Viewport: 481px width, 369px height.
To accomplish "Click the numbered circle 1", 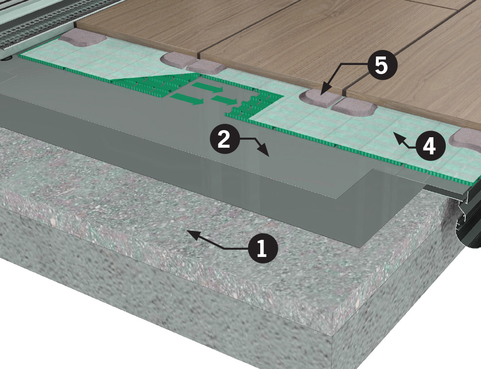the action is pos(261,248).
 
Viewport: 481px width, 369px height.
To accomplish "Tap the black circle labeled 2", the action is pos(225,140).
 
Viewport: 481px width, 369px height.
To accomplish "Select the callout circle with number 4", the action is pos(429,146).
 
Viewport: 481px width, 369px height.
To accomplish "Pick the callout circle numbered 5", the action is pos(381,65).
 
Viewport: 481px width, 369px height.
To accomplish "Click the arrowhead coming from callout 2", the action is pos(265,151).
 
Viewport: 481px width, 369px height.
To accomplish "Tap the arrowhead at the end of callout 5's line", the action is pos(324,90).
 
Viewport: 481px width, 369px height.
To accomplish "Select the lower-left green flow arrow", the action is pos(187,100).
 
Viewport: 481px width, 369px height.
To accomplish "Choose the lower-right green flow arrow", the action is pos(225,100).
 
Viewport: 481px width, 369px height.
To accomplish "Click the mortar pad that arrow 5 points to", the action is pos(319,97).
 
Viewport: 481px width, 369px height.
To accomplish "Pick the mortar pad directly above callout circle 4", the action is pos(354,108).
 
